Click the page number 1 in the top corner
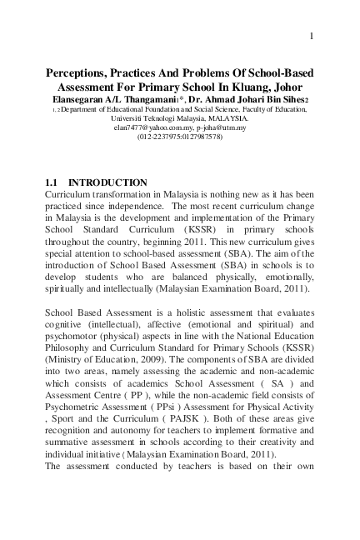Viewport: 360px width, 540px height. tap(311, 36)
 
